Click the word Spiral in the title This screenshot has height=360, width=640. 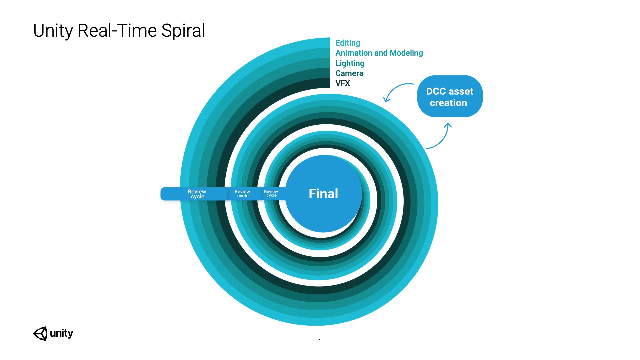click(183, 31)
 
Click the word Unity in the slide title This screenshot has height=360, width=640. click(53, 31)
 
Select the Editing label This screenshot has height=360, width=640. click(348, 43)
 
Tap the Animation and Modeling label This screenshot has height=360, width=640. click(379, 53)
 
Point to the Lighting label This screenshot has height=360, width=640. click(350, 63)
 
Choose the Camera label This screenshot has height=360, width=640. click(349, 73)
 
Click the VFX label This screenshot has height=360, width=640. click(343, 83)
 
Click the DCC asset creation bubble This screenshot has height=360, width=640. click(450, 96)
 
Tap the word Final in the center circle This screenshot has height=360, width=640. click(323, 194)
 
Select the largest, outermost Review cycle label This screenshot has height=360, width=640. click(197, 194)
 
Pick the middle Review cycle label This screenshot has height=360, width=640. click(242, 194)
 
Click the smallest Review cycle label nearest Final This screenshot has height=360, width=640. click(271, 193)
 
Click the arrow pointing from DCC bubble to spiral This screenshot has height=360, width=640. click(396, 91)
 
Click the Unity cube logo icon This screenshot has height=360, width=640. click(40, 333)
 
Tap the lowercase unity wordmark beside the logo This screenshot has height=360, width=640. click(61, 333)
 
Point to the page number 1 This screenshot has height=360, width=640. click(320, 341)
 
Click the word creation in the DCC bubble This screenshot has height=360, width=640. click(448, 103)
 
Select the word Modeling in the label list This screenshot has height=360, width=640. click(406, 53)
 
